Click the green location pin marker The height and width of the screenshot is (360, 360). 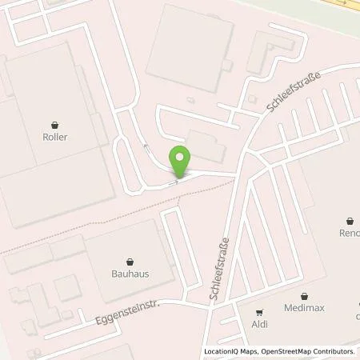[180, 162]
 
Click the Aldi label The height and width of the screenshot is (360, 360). [258, 325]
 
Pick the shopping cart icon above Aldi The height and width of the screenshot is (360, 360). [258, 313]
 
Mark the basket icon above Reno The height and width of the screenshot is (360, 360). [350, 222]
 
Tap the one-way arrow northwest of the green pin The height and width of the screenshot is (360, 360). [145, 146]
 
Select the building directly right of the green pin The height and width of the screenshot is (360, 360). [206, 146]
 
